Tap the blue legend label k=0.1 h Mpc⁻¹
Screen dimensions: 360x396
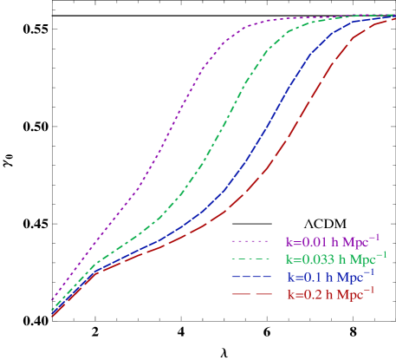pos(331,278)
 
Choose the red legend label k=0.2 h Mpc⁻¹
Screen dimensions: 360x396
pos(331,295)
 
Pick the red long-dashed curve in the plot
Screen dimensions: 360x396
pos(286,139)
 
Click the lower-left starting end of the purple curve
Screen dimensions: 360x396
pos(53,299)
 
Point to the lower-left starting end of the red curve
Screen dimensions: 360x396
pos(53,317)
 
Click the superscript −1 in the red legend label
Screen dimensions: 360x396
pos(369,290)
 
